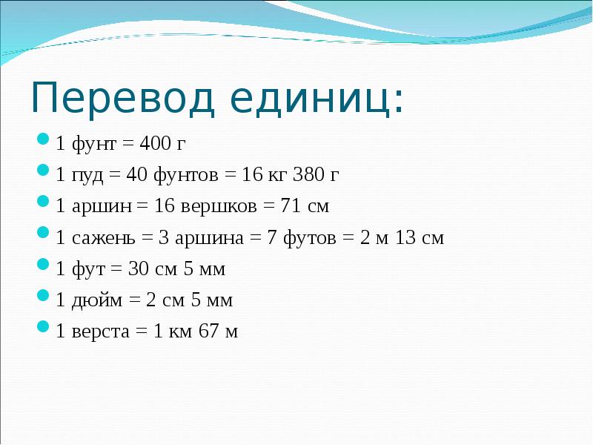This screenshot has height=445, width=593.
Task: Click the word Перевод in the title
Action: tap(123, 98)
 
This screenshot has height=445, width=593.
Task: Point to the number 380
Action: tap(307, 174)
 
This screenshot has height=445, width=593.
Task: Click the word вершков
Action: tap(218, 206)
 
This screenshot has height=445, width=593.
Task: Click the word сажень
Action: tap(103, 238)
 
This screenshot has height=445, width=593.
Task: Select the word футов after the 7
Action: tap(309, 238)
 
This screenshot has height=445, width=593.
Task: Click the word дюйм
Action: tap(97, 300)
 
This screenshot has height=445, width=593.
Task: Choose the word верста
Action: tap(100, 332)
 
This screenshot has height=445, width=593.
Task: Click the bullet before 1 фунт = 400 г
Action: tap(43, 138)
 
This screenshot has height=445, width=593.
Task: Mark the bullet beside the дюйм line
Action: tap(43, 295)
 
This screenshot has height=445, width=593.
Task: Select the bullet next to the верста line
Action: tap(43, 326)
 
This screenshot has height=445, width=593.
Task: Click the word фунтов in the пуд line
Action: tap(186, 175)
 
